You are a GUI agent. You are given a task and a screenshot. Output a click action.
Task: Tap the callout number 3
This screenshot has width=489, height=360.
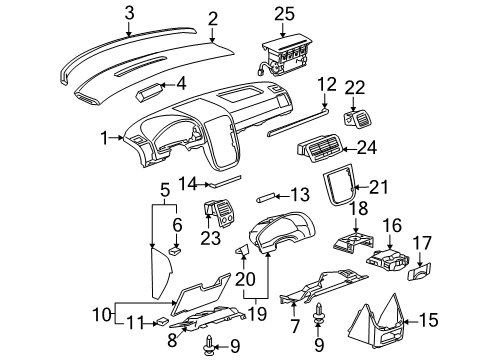[129, 13]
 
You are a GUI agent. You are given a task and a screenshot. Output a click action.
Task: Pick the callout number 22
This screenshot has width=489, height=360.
[355, 91]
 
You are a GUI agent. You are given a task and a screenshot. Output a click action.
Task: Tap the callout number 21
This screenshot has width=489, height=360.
[377, 187]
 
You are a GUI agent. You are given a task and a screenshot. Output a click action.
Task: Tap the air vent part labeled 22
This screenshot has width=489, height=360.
[354, 119]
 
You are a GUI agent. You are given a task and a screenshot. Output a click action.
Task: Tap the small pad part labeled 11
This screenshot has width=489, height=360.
[162, 322]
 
